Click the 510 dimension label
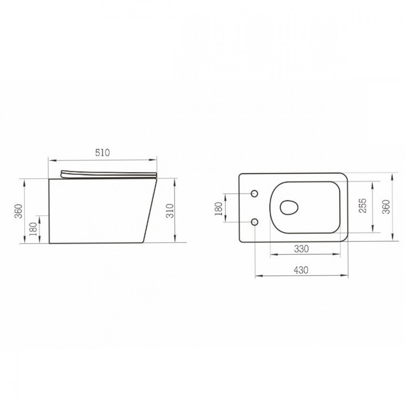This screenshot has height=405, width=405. pyautogui.click(x=102, y=153)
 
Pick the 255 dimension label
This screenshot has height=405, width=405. pyautogui.click(x=364, y=206)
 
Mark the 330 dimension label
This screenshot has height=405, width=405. pyautogui.click(x=301, y=249)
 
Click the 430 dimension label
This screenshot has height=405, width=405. pyautogui.click(x=301, y=270)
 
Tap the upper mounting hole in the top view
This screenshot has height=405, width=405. pyautogui.click(x=255, y=193)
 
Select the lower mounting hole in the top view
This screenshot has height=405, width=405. pyautogui.click(x=255, y=222)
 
